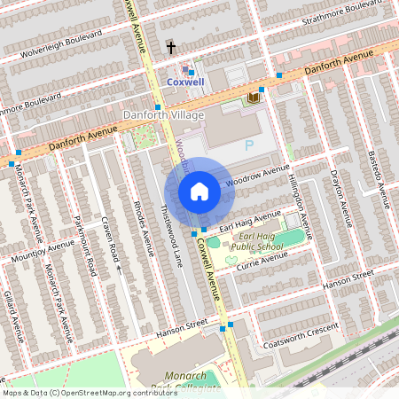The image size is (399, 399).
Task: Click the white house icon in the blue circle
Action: pyautogui.click(x=199, y=191)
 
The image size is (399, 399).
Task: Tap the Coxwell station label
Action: pyautogui.click(x=185, y=82)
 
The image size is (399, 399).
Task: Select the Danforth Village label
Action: pyautogui.click(x=163, y=115)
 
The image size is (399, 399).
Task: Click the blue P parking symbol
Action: pyautogui.click(x=248, y=143)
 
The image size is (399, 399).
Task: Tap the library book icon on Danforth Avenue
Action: pyautogui.click(x=254, y=97)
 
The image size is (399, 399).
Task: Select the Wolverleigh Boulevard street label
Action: pyautogui.click(x=58, y=43)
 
